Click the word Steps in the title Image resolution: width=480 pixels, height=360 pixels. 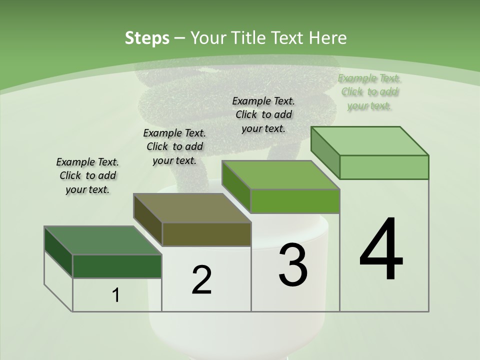pos(147,38)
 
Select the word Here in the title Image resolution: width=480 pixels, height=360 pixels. pos(327,38)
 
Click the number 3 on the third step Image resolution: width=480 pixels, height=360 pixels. pos(293,265)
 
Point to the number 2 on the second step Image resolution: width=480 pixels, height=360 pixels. pos(201,280)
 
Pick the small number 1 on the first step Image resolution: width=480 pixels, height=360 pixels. pos(116,295)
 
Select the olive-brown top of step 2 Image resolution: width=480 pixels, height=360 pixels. pos(192,208)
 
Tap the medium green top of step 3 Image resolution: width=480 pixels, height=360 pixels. pos(280,175)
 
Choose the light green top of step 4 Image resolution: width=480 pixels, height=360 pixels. pos(370,141)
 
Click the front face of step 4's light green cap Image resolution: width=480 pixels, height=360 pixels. pos(384,167)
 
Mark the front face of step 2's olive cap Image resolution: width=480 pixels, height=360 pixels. pos(206,234)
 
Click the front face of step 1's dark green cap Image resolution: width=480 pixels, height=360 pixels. pos(117,266)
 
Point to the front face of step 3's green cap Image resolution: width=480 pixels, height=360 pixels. pos(295,201)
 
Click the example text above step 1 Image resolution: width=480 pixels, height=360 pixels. pos(87,176)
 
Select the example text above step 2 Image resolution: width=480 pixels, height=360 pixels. pos(174,146)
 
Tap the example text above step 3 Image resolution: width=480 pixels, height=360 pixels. pos(263,114)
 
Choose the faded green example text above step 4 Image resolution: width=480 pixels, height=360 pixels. pos(369,92)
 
